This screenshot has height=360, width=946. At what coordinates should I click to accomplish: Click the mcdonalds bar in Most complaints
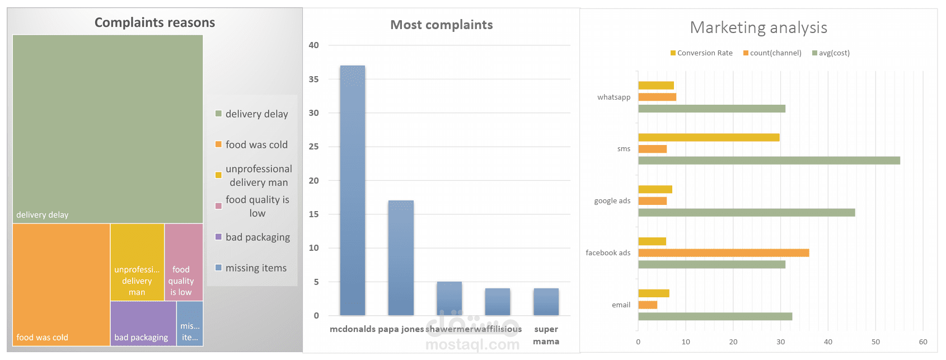point(352,190)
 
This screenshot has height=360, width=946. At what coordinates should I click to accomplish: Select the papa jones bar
point(401,258)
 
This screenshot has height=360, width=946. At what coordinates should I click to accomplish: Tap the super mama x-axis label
point(546,335)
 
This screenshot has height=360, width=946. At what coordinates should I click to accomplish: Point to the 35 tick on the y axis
point(313,80)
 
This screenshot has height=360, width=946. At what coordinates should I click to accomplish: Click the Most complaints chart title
point(441,25)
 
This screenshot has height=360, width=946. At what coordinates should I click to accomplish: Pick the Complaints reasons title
point(154,22)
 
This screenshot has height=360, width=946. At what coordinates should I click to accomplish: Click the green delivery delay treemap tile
point(107,129)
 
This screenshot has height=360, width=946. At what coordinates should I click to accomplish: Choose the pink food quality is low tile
point(184,261)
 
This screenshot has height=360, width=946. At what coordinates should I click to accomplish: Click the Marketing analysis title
point(758,27)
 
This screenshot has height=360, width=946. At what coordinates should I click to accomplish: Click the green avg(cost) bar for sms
point(769,161)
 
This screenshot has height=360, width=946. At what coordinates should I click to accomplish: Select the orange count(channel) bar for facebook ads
point(723,253)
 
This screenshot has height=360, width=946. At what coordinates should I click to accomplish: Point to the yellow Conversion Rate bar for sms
point(708,137)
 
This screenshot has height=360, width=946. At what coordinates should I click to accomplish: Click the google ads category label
point(612,201)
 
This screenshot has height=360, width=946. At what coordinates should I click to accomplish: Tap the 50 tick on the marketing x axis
point(875,342)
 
